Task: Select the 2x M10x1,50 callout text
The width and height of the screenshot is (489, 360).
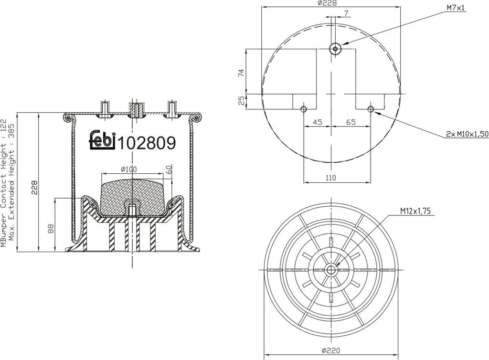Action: (467, 134)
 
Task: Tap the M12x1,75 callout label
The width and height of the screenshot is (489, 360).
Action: (415, 212)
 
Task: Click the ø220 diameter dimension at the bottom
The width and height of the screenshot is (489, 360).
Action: (331, 350)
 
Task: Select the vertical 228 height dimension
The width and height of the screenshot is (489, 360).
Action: (34, 187)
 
